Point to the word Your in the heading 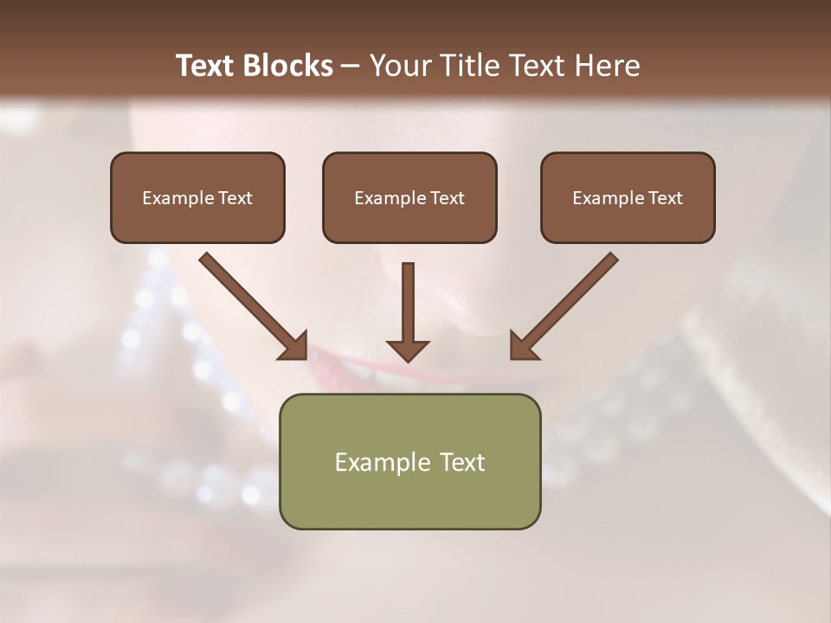[399, 66]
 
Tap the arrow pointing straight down [408, 311]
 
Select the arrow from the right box [565, 305]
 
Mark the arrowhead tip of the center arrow [408, 360]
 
